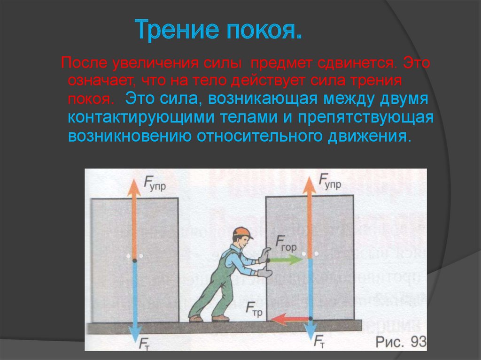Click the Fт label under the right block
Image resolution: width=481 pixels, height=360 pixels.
(x=319, y=341)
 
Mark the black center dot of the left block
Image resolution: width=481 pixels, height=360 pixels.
(x=134, y=260)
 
